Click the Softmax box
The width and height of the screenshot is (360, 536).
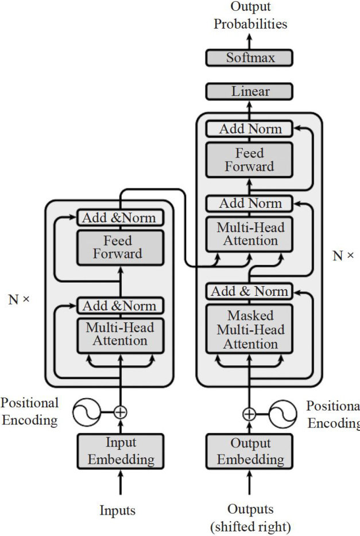coord(250,57)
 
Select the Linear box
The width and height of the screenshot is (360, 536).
coord(250,91)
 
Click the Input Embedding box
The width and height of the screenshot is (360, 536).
coord(121,451)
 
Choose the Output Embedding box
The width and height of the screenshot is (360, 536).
coord(250,451)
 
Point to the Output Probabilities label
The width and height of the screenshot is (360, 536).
coord(250,16)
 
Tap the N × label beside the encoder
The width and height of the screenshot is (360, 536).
coord(19,299)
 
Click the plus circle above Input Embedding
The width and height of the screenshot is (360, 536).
coord(121,411)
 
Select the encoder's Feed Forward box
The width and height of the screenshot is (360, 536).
coord(121,247)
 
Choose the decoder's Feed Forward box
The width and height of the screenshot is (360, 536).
coord(250,160)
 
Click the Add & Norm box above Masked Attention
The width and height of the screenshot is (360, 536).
coord(250,291)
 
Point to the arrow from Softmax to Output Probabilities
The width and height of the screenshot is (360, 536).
coord(250,40)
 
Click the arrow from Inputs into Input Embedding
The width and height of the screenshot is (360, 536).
coord(121,482)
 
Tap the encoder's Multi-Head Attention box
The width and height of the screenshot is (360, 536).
coord(121,334)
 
